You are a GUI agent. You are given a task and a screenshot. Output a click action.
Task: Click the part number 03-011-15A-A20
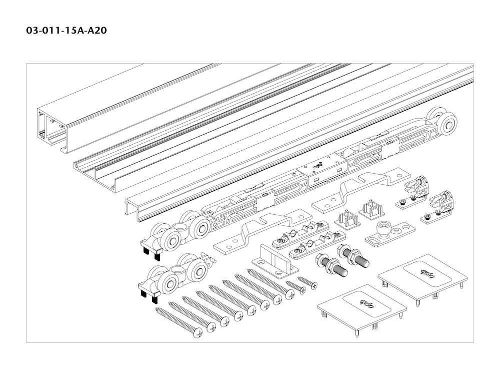point(66,31)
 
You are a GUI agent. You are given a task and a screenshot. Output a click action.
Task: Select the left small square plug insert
point(347,220)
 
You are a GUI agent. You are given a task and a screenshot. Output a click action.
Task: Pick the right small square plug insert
point(372,210)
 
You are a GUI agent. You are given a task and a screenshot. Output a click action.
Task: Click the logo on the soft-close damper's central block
point(317,166)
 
